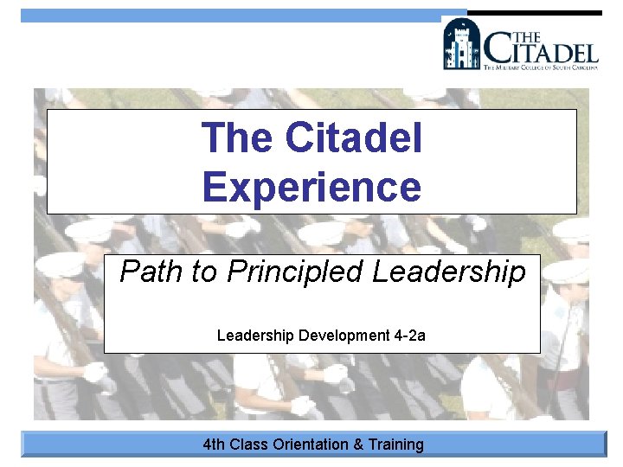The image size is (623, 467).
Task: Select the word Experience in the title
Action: click(x=311, y=186)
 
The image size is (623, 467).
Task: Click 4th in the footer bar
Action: click(x=214, y=445)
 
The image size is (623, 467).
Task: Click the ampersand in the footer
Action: click(x=358, y=445)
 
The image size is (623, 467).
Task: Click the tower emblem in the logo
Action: click(x=461, y=44)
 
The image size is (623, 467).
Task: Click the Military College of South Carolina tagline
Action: click(x=541, y=67)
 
